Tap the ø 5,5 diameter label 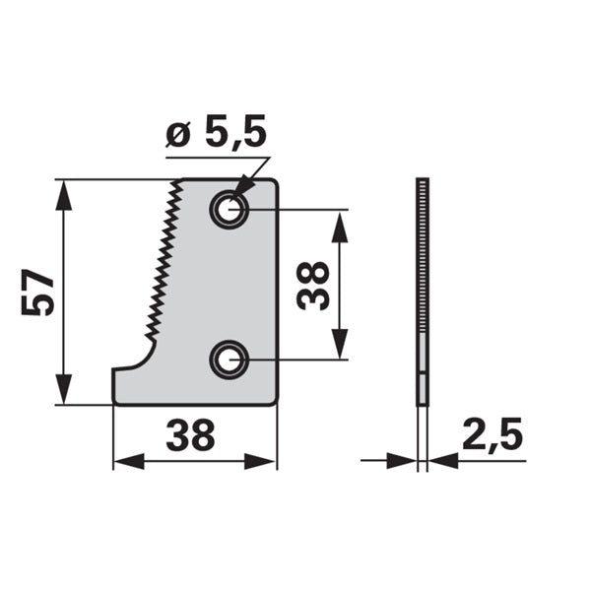click(216, 131)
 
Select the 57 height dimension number click(37, 293)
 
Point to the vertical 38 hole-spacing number click(313, 286)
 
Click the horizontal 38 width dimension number click(190, 435)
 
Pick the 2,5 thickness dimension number click(492, 434)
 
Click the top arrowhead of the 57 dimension click(63, 195)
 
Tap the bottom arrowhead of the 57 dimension click(63, 389)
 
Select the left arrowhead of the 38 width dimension click(128, 461)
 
